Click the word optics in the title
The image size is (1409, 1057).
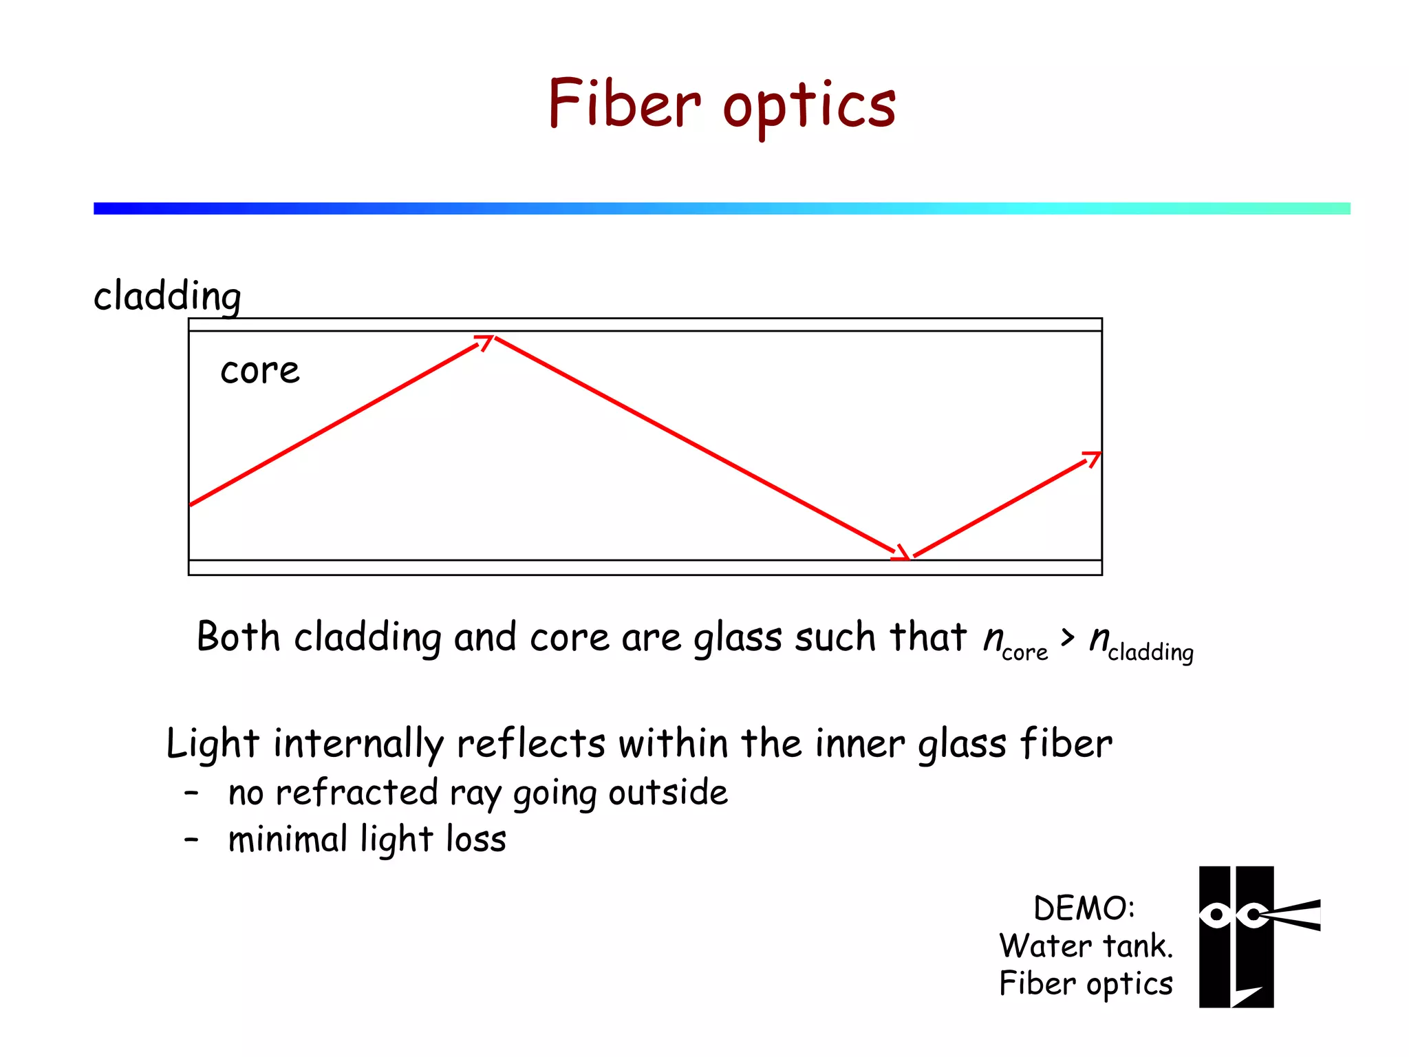[x=810, y=107]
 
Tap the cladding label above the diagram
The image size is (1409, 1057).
[x=167, y=297]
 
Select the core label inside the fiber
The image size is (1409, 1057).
[x=260, y=372]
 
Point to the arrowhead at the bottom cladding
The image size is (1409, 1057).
[x=902, y=553]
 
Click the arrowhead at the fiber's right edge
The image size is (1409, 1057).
[x=1093, y=458]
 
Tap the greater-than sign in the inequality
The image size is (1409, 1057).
[x=1067, y=637]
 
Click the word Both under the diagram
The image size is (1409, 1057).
[x=238, y=637]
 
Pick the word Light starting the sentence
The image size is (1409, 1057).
[x=213, y=745]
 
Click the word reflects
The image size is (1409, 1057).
[x=530, y=744]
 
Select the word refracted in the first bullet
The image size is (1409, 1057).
[x=356, y=793]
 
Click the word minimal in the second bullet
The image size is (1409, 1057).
[x=288, y=840]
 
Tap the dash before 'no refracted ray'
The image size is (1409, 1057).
[x=191, y=793]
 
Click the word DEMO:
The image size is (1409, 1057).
[x=1084, y=908]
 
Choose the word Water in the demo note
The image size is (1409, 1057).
[x=1043, y=946]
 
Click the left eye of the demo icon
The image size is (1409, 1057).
[x=1216, y=915]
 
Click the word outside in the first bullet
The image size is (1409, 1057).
[x=668, y=793]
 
